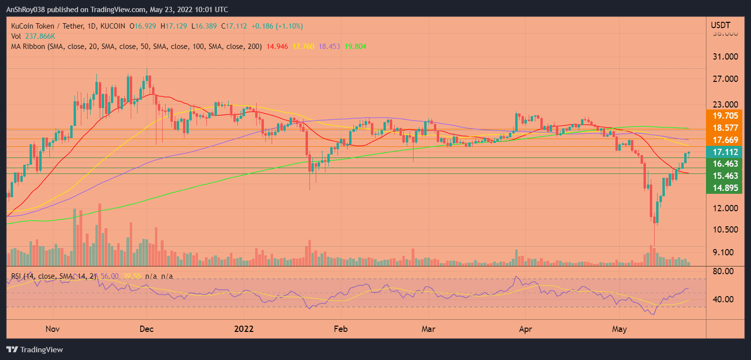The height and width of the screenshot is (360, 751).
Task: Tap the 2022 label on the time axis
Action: [x=244, y=329]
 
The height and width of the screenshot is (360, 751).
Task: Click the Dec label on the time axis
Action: [x=146, y=329]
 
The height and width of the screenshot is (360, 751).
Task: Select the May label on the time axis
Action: [x=619, y=329]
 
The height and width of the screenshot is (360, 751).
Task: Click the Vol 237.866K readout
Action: [x=30, y=36]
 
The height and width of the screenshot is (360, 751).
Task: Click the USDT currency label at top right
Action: [x=720, y=25]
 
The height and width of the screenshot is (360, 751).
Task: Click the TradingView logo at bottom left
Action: [x=34, y=349]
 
